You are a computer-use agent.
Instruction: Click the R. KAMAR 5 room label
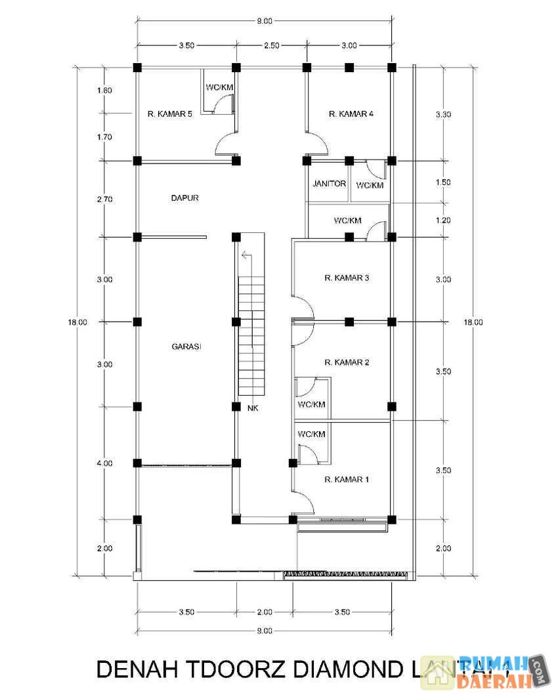click(x=169, y=114)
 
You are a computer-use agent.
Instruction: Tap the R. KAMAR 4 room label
click(x=351, y=114)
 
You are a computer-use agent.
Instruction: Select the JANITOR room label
click(x=329, y=184)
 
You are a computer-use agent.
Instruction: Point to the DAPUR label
click(x=184, y=197)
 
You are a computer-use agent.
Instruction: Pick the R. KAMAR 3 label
click(x=347, y=278)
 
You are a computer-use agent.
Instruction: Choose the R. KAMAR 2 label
click(x=347, y=362)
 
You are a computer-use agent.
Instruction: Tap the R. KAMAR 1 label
click(x=347, y=480)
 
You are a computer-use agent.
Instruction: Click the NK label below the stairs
click(x=253, y=408)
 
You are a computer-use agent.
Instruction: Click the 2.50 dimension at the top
click(x=271, y=45)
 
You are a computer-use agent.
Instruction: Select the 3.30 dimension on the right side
click(x=443, y=114)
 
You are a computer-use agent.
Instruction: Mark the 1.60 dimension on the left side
click(x=104, y=91)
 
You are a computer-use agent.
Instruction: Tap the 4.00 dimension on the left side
click(x=104, y=463)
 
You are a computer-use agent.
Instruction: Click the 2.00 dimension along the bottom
click(x=264, y=612)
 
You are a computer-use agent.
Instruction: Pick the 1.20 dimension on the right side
click(x=443, y=221)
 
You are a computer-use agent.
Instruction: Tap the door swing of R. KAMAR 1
click(x=305, y=502)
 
